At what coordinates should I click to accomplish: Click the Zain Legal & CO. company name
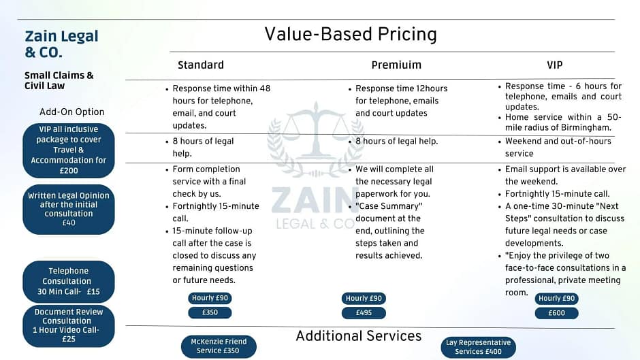[x=61, y=44]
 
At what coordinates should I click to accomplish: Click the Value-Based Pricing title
[x=351, y=34]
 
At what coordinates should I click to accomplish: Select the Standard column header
[x=201, y=65]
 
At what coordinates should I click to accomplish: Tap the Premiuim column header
[x=396, y=65]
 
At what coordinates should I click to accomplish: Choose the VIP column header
[x=555, y=65]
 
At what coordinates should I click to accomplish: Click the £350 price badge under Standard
[x=210, y=312]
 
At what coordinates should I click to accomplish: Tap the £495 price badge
[x=364, y=313]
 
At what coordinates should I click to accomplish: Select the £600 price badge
[x=557, y=313]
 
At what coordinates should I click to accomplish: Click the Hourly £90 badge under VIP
[x=557, y=298]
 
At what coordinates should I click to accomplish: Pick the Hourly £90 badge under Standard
[x=210, y=298]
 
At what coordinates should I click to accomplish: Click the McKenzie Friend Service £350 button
[x=219, y=346]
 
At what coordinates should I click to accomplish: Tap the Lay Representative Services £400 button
[x=479, y=347]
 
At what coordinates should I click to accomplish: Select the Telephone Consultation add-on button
[x=69, y=281]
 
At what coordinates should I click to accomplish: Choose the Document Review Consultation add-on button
[x=69, y=326]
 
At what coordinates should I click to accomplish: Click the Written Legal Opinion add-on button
[x=69, y=210]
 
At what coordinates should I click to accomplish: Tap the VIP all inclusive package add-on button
[x=69, y=150]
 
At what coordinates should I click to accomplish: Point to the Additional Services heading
[x=358, y=336]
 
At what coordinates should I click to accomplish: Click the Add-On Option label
[x=72, y=112]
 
